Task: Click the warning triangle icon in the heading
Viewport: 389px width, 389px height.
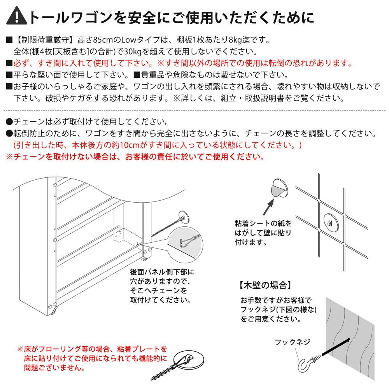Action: click(17, 17)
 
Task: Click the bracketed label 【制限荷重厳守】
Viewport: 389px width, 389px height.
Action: click(45, 40)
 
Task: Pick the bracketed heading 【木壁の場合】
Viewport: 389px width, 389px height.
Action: click(265, 286)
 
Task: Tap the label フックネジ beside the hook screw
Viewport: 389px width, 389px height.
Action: click(293, 342)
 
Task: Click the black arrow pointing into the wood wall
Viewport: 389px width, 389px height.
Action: click(336, 347)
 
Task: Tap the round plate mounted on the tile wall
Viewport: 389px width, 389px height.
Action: click(331, 222)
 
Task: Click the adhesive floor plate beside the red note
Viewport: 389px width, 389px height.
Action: click(189, 360)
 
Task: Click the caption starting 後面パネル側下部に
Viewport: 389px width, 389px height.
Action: click(162, 286)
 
